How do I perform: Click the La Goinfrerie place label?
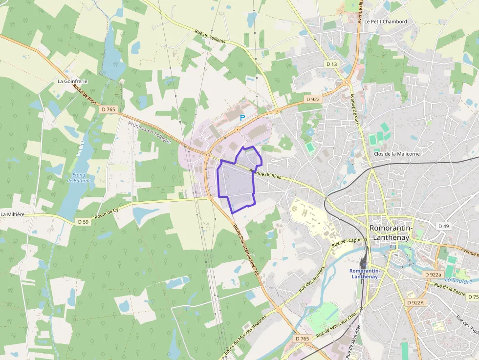(x=72, y=81)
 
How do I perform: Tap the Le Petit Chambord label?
(x=386, y=21)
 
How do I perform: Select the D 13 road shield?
(x=331, y=64)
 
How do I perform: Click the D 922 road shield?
(x=312, y=99)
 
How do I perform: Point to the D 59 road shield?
(x=84, y=222)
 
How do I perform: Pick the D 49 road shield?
(x=443, y=226)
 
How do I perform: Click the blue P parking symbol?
(x=242, y=118)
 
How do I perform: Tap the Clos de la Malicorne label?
(x=396, y=154)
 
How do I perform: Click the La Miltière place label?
(x=13, y=214)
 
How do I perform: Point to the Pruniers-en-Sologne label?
(x=150, y=132)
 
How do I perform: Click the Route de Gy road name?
(x=107, y=212)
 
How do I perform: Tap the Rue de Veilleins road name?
(x=210, y=37)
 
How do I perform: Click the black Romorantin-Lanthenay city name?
(x=392, y=233)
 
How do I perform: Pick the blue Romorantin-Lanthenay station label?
(x=364, y=274)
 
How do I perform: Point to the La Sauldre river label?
(x=458, y=280)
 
